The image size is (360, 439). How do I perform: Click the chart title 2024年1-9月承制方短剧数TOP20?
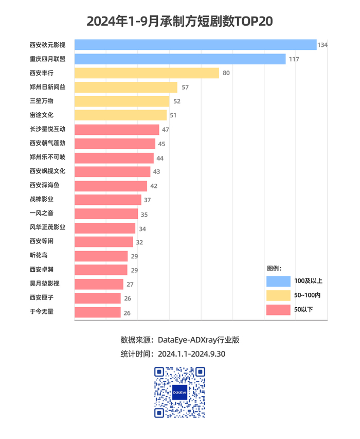coord(179,21)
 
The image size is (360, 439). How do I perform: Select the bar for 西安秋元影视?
coord(195,45)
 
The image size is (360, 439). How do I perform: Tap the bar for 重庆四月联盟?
coord(180,59)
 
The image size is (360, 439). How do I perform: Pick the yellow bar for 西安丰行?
coord(147,73)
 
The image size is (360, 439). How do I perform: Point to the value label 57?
coord(185,87)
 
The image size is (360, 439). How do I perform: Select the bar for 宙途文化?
coord(120,115)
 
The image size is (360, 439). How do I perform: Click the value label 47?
coord(166,129)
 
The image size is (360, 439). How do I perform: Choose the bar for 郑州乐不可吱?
coord(114,157)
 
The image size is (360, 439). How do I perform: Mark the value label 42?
coord(154,185)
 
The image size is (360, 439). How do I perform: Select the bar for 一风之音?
coord(106,214)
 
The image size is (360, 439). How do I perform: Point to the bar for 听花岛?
coord(101,256)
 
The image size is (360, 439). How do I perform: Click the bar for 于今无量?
coord(98,312)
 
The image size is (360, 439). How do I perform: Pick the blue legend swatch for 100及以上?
coord(278,280)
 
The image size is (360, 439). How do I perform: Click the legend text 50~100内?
coord(308,295)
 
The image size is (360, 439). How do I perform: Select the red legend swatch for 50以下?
coord(278,309)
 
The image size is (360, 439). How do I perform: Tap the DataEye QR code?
coord(179,392)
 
